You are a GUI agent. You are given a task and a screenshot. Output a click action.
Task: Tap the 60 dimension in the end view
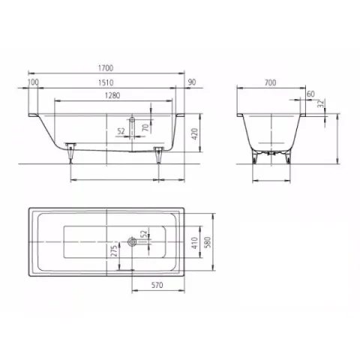[310, 94]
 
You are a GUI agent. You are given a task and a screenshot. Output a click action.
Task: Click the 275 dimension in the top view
[115, 251]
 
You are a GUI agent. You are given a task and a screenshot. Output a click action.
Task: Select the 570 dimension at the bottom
[157, 286]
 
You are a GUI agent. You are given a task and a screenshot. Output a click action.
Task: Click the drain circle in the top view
[132, 241]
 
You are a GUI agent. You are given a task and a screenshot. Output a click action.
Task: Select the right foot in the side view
[158, 154]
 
